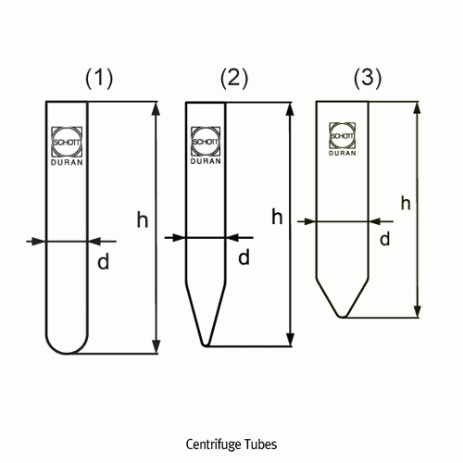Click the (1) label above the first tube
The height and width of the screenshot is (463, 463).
[99, 79]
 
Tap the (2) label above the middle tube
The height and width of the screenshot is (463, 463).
[234, 78]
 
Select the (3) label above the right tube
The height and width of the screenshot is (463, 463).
[368, 78]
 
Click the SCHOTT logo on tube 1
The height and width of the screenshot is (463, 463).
[67, 142]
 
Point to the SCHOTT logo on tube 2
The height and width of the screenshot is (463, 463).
[206, 142]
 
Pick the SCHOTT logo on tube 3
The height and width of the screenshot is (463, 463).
[342, 135]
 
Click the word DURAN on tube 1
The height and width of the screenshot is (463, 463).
[67, 162]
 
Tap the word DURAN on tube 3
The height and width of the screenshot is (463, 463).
[342, 153]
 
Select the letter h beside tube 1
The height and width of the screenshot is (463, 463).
[143, 219]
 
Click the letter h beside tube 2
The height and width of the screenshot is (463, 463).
[277, 217]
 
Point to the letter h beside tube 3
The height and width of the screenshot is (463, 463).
[406, 203]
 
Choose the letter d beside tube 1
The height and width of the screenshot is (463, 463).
[103, 262]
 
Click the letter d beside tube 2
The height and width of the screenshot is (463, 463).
[244, 257]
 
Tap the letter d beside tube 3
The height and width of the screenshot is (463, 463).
[385, 239]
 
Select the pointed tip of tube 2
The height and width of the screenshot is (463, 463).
[206, 344]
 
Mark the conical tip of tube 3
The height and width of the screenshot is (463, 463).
[342, 316]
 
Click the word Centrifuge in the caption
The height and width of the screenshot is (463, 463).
[213, 444]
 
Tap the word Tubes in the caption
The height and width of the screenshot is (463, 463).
[260, 444]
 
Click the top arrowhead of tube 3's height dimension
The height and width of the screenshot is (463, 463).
[417, 108]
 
